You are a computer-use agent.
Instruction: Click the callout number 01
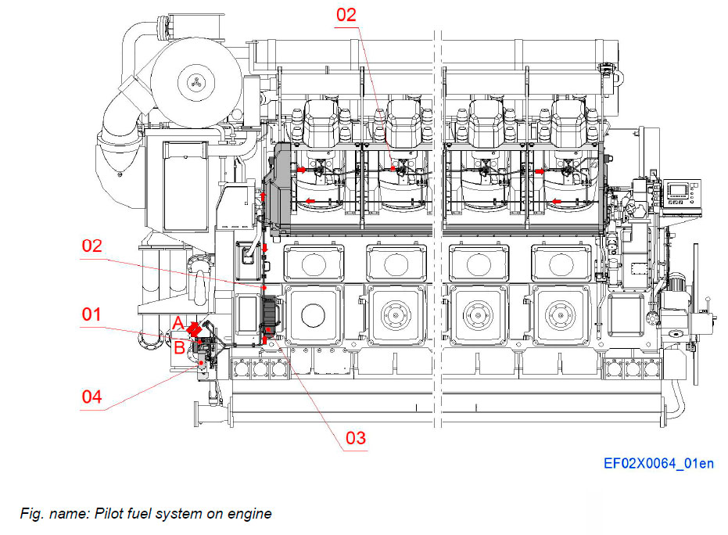coord(92,314)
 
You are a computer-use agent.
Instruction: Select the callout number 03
coord(355,437)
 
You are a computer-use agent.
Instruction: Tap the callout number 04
coord(92,397)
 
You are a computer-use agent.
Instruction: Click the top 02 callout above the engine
coord(346,15)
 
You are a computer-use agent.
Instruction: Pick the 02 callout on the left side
coord(92,246)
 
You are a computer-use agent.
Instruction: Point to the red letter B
coord(179,348)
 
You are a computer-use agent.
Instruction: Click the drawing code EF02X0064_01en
coord(658,464)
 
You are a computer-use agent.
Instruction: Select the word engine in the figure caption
coord(251,514)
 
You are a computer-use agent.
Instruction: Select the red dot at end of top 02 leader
coord(393,167)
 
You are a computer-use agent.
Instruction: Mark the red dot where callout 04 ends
coord(202,362)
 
